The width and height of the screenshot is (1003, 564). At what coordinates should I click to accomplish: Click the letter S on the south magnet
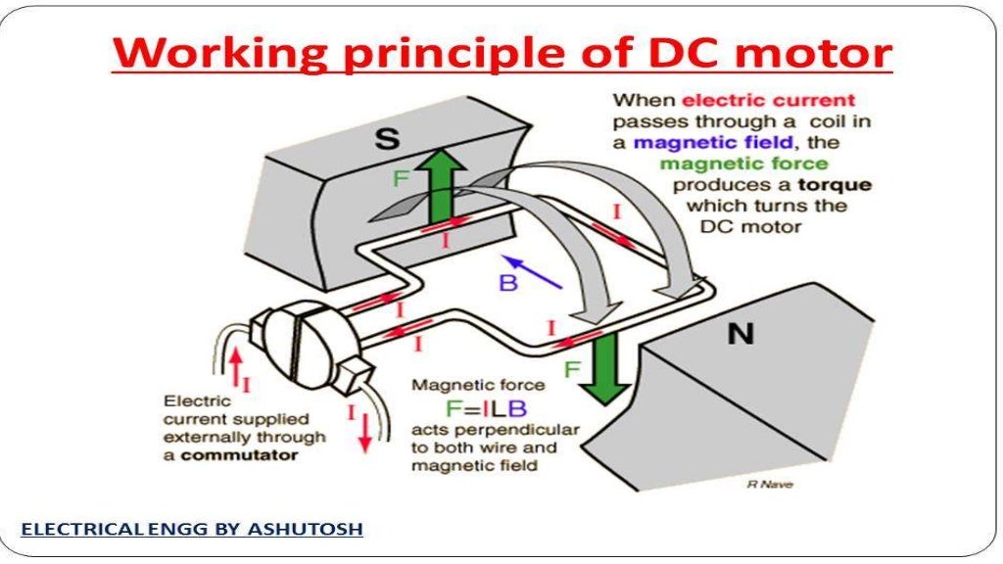click(x=388, y=138)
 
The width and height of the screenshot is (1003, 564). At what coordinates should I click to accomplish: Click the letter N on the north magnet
click(x=740, y=334)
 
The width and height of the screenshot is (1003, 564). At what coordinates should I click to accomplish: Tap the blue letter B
click(x=507, y=284)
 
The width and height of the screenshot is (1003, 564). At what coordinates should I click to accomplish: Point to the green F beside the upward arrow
click(x=400, y=179)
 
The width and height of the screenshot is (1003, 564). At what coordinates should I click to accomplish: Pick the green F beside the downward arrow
click(x=572, y=371)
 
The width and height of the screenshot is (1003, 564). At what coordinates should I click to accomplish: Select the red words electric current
click(x=768, y=100)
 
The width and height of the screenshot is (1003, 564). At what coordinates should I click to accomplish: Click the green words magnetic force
click(x=743, y=164)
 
